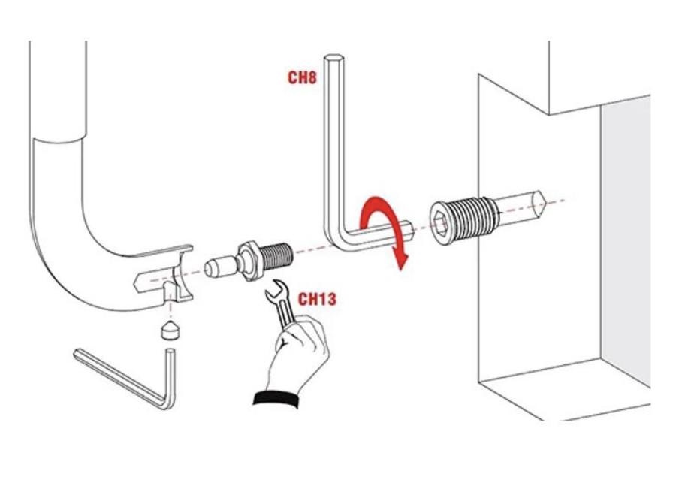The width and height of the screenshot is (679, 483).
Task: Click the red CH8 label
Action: click(x=302, y=77)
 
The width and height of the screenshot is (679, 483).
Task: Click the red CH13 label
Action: click(x=317, y=299)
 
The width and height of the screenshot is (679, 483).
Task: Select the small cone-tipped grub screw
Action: click(x=171, y=331)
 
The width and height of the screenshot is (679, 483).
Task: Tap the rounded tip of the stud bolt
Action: click(x=210, y=268)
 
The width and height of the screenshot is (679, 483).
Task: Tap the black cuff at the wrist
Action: click(x=276, y=399)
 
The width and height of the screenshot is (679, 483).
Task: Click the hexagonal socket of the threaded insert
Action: click(x=440, y=224)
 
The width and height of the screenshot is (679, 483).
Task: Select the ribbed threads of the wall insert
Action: click(x=472, y=217)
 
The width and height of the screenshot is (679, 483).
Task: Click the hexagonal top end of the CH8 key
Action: click(x=333, y=58)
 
